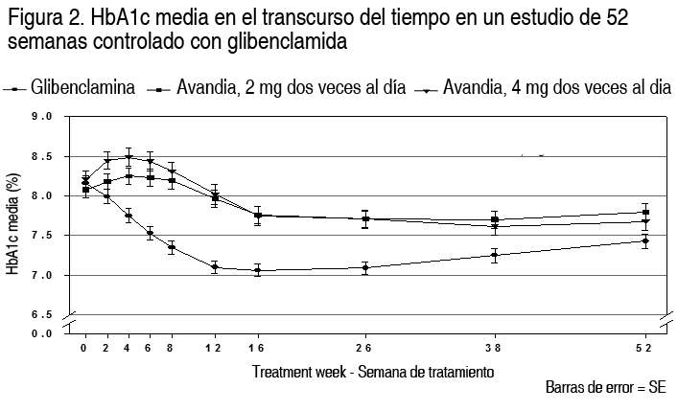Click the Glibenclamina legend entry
[82, 88]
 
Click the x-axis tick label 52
[644, 347]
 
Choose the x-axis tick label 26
[364, 347]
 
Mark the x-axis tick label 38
[494, 347]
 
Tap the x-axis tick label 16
[257, 347]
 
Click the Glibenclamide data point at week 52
[644, 240]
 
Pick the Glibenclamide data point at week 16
[257, 271]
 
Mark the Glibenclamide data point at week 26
[364, 268]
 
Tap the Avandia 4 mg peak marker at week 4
[128, 157]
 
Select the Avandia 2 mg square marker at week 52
[644, 213]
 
